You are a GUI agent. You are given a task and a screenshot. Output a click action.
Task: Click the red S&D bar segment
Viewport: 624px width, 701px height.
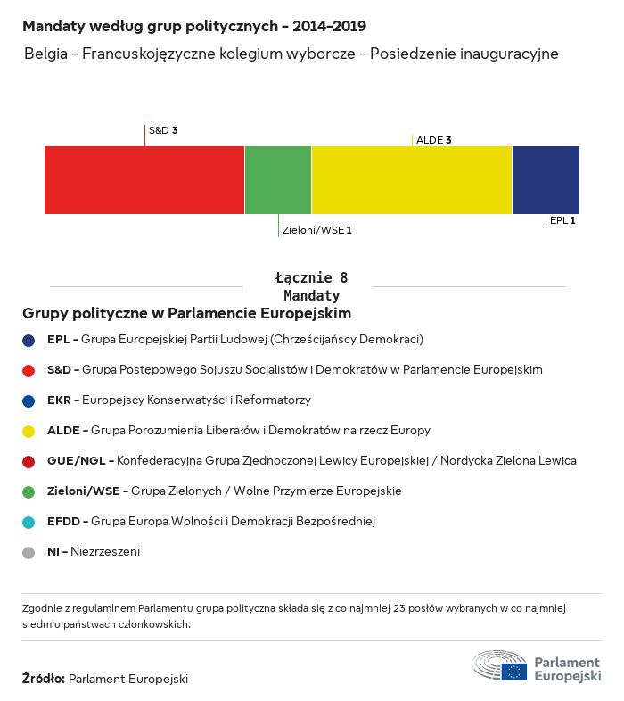(x=144, y=180)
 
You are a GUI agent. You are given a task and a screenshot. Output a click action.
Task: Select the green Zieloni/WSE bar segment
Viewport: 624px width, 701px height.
(x=278, y=180)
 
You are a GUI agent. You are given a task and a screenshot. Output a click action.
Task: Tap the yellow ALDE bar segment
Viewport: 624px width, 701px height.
(x=412, y=180)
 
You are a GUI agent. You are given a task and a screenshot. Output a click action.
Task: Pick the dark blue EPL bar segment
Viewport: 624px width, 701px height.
(x=546, y=180)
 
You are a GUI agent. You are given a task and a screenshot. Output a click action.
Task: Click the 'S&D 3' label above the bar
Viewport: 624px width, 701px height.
(x=163, y=130)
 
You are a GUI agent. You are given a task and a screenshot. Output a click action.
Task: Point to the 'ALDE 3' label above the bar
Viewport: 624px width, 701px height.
(x=434, y=140)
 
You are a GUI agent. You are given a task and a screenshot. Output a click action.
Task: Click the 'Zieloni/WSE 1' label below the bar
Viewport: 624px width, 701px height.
(x=316, y=230)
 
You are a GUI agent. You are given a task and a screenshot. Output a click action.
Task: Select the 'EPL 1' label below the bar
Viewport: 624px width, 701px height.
(x=562, y=219)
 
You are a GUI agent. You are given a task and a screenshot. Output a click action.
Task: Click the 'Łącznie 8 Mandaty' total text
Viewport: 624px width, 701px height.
(x=311, y=286)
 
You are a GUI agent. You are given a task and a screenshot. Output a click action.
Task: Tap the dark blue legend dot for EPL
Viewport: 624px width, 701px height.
(x=29, y=340)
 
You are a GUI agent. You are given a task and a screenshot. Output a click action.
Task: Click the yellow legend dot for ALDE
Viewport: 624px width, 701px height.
(x=29, y=431)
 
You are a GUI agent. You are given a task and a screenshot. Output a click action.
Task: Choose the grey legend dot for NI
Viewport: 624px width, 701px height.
(x=29, y=552)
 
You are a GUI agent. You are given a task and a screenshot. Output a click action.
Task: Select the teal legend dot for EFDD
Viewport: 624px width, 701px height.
(x=29, y=522)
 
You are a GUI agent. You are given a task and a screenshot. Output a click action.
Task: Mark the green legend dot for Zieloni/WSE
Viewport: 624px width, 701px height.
(x=29, y=491)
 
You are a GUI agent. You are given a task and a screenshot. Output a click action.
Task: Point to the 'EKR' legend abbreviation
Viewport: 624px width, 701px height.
(x=60, y=400)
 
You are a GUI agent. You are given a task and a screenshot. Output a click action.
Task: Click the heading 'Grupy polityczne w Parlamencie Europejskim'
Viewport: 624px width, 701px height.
(x=187, y=314)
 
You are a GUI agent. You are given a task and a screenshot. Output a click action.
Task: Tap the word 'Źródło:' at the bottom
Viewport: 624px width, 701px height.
(x=44, y=679)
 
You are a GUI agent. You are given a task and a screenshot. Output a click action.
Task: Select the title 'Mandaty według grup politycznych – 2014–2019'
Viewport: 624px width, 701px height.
(x=194, y=27)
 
